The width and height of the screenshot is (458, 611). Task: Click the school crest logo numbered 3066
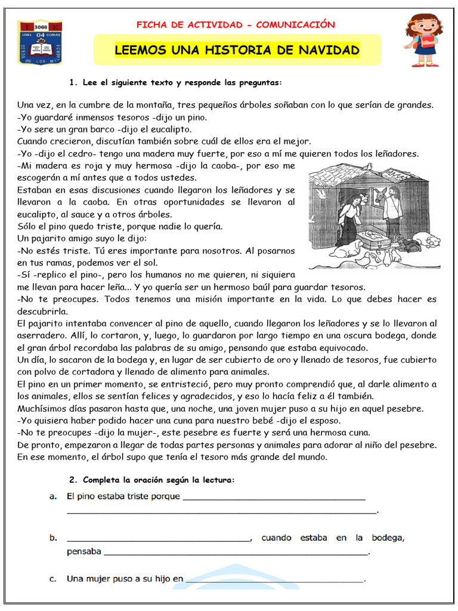39,42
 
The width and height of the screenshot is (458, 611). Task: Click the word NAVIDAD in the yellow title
330,50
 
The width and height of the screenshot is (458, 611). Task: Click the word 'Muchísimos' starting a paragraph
44,409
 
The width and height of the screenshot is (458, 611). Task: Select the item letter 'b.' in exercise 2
53,538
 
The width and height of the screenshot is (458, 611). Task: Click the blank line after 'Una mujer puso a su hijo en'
274,579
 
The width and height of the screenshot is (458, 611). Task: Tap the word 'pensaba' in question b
83,551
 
